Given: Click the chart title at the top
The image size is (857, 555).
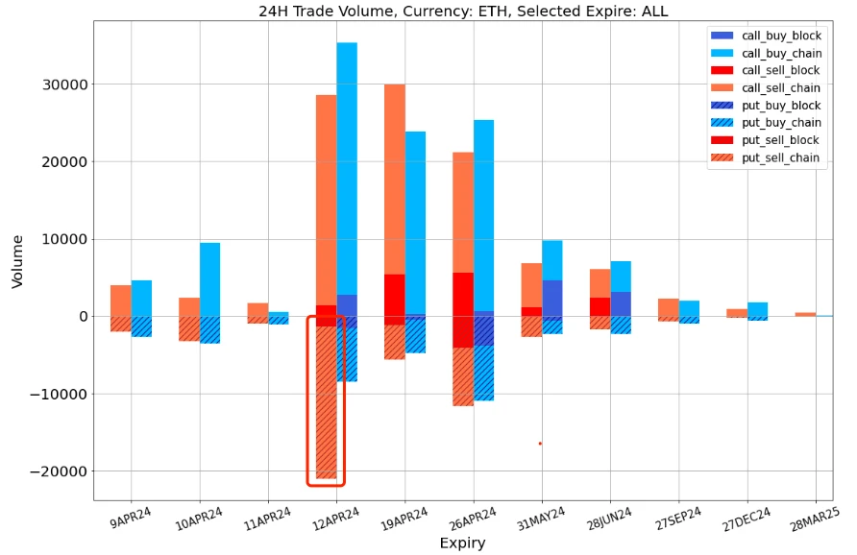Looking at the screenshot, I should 463,11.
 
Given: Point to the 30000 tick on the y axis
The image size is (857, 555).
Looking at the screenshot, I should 63,84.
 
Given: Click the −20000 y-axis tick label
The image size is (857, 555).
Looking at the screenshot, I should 57,471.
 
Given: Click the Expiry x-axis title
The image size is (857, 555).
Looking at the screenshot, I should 462,543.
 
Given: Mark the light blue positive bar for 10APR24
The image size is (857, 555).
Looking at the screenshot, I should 209,279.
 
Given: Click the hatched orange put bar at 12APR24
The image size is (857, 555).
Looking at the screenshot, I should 326,403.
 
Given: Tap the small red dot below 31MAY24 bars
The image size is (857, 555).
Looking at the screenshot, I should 540,444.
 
